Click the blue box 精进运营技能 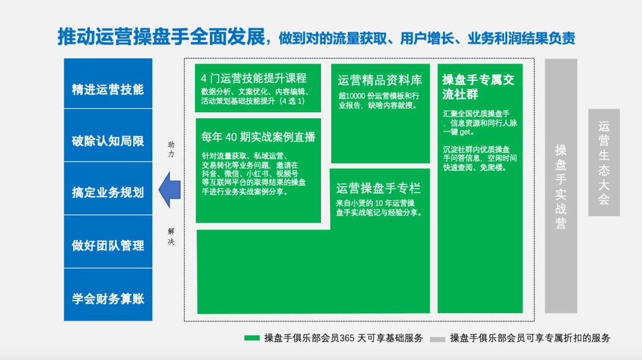[108, 83]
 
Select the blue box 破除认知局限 [108, 135]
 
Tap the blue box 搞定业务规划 [108, 188]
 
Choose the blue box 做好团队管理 [108, 242]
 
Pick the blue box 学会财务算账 [108, 295]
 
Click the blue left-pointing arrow [169, 190]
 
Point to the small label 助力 [171, 149]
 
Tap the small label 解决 [171, 236]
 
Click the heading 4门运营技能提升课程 [254, 78]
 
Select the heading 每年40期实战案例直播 [259, 137]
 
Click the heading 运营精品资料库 [379, 80]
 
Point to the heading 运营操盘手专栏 [378, 188]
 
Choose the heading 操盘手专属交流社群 [478, 87]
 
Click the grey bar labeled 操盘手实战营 [561, 186]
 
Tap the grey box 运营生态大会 [604, 162]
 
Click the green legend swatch [252, 338]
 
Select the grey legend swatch [438, 339]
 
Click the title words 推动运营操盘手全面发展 [161, 37]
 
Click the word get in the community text [465, 132]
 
